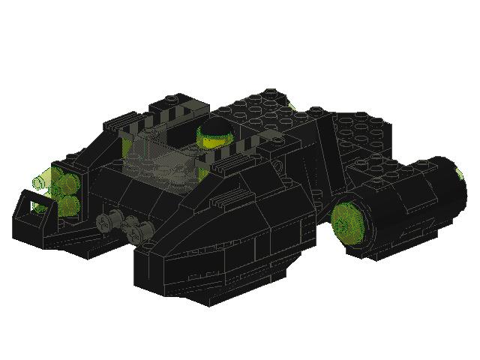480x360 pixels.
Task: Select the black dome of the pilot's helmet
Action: click(x=214, y=125)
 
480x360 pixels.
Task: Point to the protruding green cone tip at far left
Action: click(x=40, y=181)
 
